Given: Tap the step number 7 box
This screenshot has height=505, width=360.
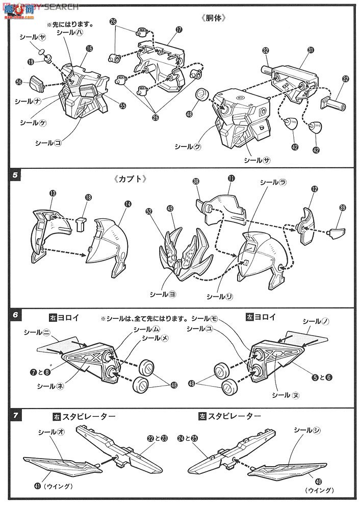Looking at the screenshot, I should [x=15, y=415].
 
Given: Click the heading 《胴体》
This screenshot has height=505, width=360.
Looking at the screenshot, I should [x=213, y=17].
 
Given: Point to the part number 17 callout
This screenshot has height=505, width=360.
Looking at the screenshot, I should [x=178, y=30].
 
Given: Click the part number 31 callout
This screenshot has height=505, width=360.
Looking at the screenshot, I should [x=311, y=50].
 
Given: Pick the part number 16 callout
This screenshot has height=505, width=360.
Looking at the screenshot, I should [x=89, y=49].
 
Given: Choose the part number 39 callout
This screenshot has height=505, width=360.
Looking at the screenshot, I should [x=343, y=207].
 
